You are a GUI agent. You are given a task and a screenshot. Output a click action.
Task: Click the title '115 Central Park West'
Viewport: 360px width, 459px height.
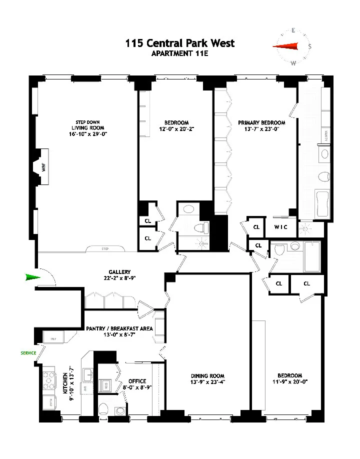click(x=179, y=43)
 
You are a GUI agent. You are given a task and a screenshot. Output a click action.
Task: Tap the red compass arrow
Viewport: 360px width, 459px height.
click(x=285, y=46)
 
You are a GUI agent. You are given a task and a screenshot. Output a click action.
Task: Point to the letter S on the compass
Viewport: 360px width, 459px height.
click(x=310, y=47)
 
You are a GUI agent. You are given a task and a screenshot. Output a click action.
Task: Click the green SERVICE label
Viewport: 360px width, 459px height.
click(x=28, y=353)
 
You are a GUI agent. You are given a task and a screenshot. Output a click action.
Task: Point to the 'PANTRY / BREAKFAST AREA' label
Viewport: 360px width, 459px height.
click(x=119, y=328)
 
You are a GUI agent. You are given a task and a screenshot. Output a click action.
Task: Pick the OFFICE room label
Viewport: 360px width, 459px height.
click(x=137, y=381)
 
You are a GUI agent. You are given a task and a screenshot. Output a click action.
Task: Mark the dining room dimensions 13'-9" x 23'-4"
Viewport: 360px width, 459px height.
click(x=207, y=382)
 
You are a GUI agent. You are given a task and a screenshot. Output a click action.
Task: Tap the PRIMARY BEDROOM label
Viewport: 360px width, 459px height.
click(x=261, y=123)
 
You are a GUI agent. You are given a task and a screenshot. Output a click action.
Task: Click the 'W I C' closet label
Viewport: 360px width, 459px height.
click(x=280, y=227)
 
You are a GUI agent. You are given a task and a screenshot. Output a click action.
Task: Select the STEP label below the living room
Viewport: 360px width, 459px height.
click(x=105, y=249)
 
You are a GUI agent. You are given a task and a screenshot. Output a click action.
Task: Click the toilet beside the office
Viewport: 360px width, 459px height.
click(x=104, y=409)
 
